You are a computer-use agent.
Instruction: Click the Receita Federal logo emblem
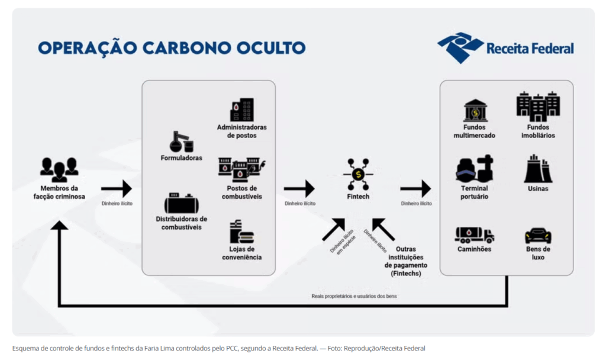pos(460,48)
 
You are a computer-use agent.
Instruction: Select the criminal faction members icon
pos(59,169)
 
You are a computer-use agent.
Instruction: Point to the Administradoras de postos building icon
pos(242,110)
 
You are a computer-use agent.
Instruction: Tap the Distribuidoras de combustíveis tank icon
pos(182,203)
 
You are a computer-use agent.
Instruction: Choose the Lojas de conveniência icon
pos(241,232)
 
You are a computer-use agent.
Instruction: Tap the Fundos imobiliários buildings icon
pos(538,107)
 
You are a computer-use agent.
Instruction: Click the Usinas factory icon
pos(538,169)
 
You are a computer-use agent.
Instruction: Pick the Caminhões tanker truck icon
pos(474,235)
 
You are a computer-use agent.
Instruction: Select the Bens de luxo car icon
pos(538,236)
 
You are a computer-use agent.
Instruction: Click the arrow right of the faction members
pos(116,189)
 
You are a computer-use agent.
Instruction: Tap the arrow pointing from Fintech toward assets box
pos(415,189)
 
